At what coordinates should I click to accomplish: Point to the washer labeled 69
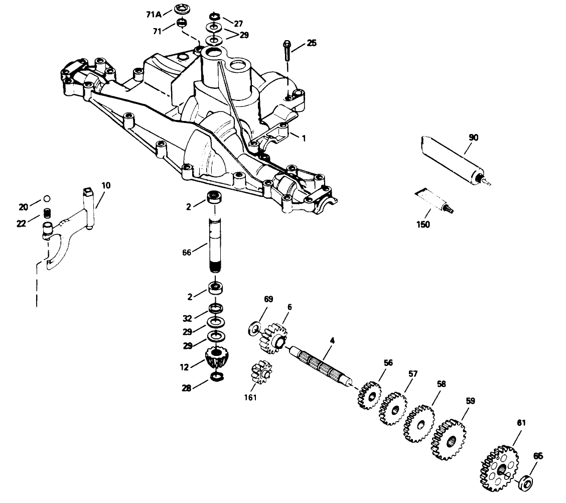pos(254,329)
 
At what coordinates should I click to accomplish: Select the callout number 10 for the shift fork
pos(105,185)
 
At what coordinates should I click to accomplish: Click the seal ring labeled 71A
pos(181,10)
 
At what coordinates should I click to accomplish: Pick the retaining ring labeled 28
pos(216,376)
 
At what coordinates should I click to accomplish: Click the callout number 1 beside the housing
pos(303,136)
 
